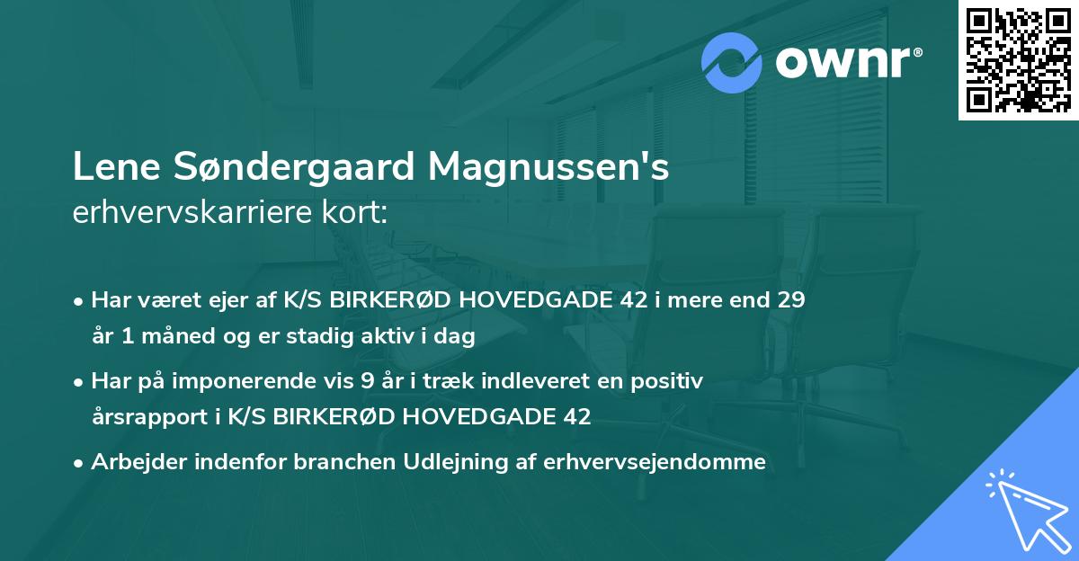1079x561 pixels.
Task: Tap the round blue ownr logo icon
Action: coord(732,64)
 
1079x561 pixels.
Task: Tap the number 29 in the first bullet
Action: coord(791,300)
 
